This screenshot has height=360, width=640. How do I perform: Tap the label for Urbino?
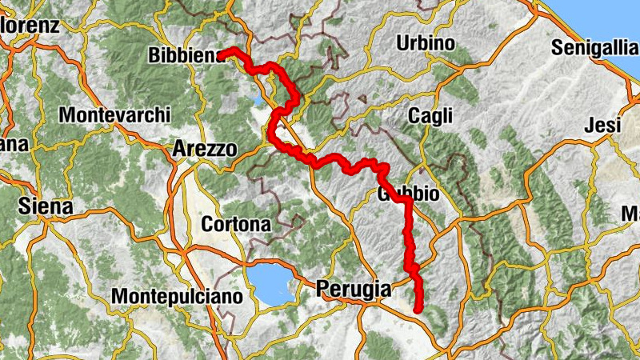tap(426, 42)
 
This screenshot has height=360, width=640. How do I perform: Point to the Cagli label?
tap(430, 115)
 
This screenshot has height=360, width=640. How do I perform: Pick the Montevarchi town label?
tap(109, 114)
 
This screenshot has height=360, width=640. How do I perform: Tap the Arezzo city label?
tap(205, 149)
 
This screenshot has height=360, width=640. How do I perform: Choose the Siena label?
tap(46, 206)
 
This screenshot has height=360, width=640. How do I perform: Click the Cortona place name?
tap(236, 224)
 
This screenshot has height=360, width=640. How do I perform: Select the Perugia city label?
tap(353, 289)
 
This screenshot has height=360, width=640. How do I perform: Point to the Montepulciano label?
tap(176, 297)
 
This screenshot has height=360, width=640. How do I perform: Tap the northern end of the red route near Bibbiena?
tap(224, 53)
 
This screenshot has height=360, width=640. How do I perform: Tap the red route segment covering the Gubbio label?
tap(398, 196)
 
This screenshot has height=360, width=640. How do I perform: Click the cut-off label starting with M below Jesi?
tap(632, 214)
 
